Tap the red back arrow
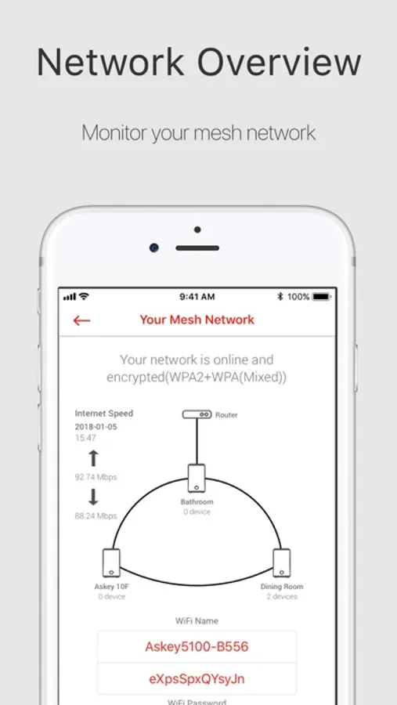click(82, 320)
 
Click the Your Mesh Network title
click(197, 320)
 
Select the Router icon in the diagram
click(197, 414)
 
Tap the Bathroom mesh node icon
click(197, 478)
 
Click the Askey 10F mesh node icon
click(111, 562)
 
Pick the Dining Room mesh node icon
click(281, 562)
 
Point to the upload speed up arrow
click(93, 458)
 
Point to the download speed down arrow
click(93, 497)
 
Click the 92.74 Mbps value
click(96, 477)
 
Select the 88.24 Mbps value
click(96, 516)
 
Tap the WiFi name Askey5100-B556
click(197, 646)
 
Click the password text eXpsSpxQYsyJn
click(197, 679)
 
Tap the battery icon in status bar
click(322, 297)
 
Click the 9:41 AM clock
click(197, 297)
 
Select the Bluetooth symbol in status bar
click(280, 297)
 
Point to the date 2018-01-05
click(96, 427)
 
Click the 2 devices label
click(282, 597)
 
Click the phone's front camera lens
click(154, 248)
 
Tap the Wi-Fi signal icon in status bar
click(84, 297)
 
